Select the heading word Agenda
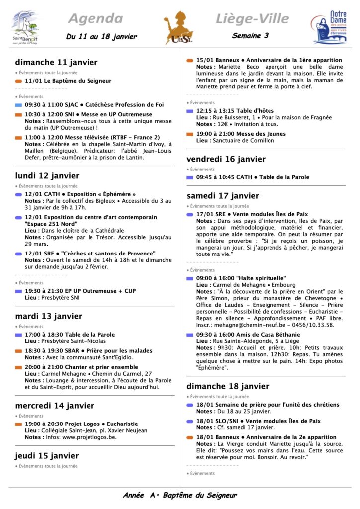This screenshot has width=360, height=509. click(x=95, y=19)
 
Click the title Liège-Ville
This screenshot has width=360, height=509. click(x=252, y=19)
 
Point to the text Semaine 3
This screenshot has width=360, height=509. click(x=250, y=36)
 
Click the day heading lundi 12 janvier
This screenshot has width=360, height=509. click(x=47, y=176)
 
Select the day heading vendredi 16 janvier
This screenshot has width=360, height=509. click(x=226, y=159)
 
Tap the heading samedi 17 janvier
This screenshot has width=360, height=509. click(x=223, y=196)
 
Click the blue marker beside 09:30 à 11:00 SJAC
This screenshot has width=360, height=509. click(x=18, y=105)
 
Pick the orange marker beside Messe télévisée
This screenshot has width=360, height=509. click(x=18, y=137)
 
